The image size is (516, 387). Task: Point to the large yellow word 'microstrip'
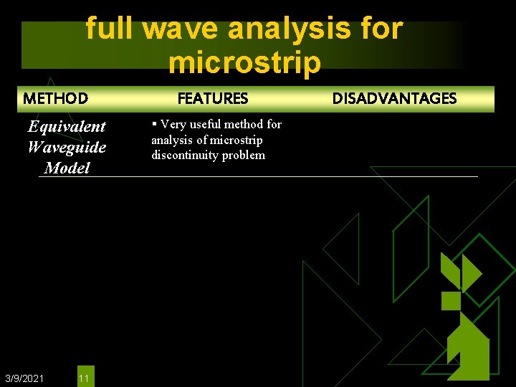(x=244, y=62)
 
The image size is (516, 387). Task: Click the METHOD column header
(x=55, y=98)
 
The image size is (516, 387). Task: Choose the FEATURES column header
(x=213, y=98)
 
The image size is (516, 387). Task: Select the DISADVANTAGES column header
(x=394, y=98)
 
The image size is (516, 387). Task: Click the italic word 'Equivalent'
(x=67, y=127)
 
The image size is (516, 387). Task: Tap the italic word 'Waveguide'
(x=67, y=148)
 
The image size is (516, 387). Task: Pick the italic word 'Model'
(x=67, y=168)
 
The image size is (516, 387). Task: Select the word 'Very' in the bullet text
(x=173, y=125)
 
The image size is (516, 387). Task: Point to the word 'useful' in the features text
(x=206, y=125)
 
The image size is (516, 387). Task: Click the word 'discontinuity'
(x=183, y=156)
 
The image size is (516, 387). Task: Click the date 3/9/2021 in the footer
(x=24, y=378)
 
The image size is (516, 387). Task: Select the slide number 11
(x=84, y=378)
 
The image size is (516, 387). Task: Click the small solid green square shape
(x=451, y=300)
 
